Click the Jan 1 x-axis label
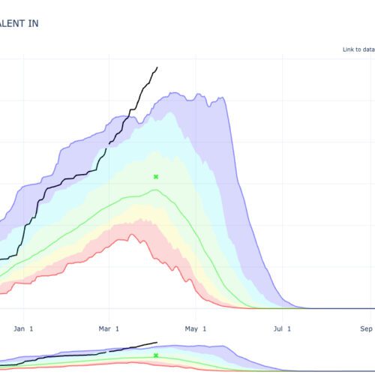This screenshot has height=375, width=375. tap(24, 328)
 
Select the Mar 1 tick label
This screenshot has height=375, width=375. tap(109, 328)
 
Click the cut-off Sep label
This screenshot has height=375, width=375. tap(366, 328)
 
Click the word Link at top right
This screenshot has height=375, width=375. tap(349, 49)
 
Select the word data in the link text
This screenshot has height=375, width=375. tap(368, 49)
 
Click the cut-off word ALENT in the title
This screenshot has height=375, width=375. tap(15, 23)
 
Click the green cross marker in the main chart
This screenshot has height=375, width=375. tap(156, 177)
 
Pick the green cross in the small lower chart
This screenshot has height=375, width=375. tap(156, 355)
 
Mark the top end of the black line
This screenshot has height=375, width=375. tap(157, 67)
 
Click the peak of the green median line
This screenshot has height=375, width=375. tap(155, 190)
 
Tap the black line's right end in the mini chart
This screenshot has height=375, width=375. tap(157, 343)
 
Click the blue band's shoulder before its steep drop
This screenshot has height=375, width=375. tap(223, 98)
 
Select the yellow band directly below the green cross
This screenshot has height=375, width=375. tap(156, 214)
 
